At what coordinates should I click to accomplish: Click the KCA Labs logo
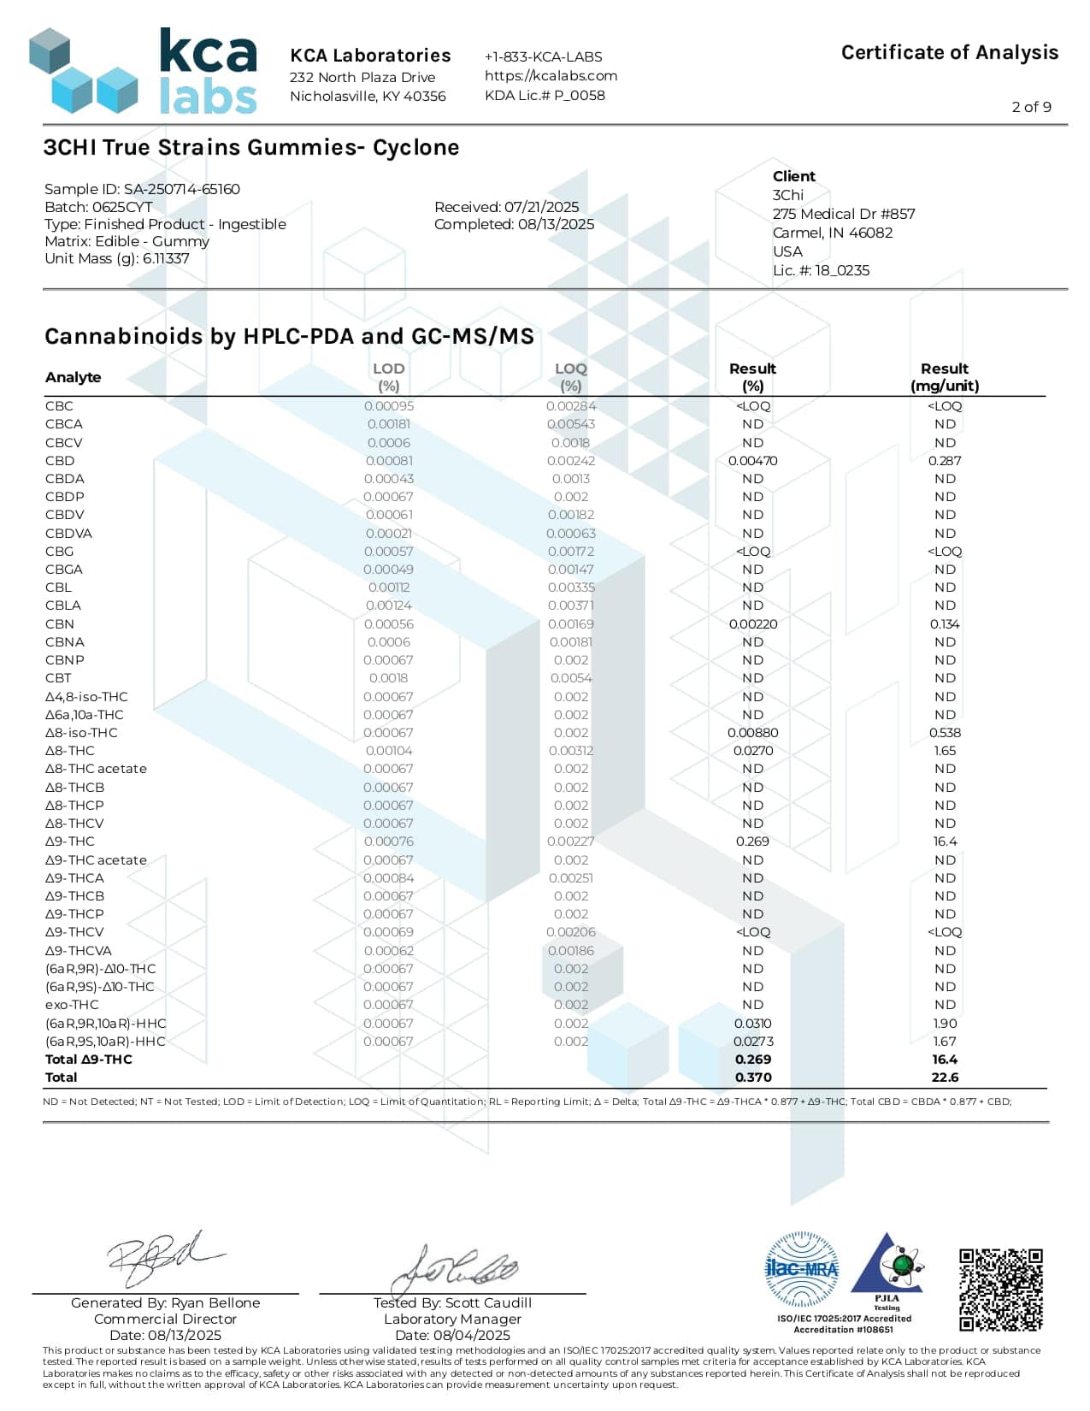(143, 72)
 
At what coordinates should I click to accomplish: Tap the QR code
(1000, 1290)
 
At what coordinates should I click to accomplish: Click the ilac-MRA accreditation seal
(801, 1269)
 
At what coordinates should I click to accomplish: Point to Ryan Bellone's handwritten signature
(162, 1257)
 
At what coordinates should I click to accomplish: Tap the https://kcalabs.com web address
(551, 75)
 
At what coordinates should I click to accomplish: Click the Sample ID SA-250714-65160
(181, 189)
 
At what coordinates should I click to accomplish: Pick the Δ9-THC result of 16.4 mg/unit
(945, 841)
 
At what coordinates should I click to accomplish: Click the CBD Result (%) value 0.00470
(752, 461)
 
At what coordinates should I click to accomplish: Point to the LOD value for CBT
(388, 678)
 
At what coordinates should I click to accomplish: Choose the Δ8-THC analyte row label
(70, 751)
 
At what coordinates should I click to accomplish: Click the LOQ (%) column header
(571, 376)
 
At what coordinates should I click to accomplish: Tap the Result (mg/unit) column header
(945, 376)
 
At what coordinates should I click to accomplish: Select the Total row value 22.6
(945, 1077)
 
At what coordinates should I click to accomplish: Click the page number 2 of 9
(1031, 107)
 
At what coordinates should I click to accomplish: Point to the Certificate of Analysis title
(949, 52)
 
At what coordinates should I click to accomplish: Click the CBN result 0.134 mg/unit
(945, 624)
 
